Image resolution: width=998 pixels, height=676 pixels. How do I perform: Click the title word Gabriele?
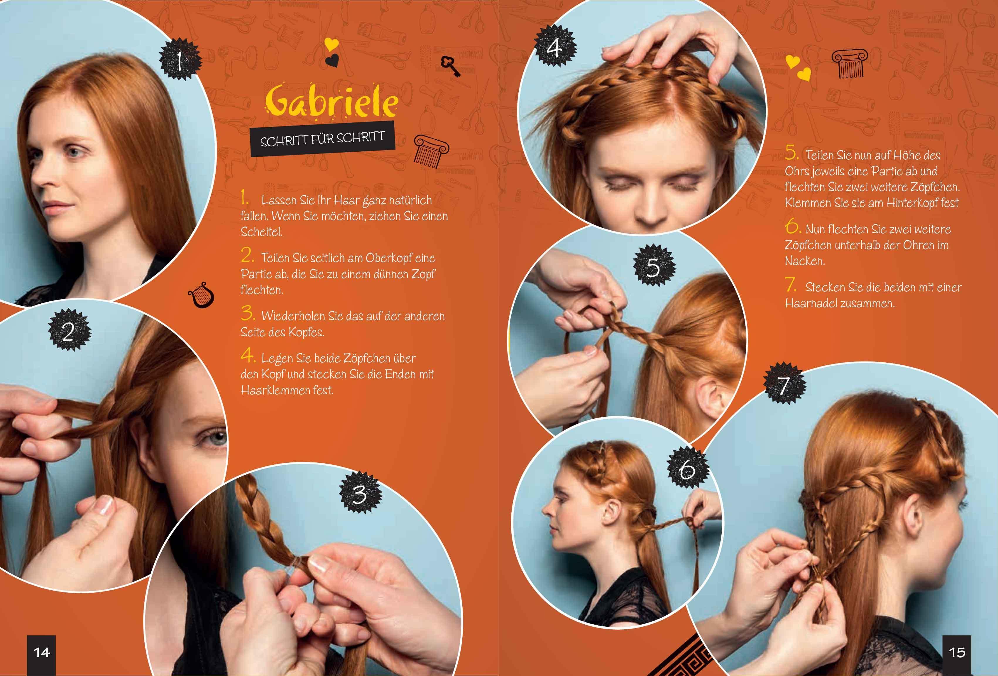point(331,101)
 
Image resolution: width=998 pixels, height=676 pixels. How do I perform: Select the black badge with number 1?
point(180,60)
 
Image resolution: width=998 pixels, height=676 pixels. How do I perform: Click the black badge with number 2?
point(69,330)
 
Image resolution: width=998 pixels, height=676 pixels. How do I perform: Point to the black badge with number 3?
point(360,493)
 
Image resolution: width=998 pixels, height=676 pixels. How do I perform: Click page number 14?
point(42,653)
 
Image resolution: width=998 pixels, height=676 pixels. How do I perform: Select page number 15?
point(956,653)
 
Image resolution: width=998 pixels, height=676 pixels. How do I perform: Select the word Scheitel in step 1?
point(261,232)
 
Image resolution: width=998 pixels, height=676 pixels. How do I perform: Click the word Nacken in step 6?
point(805,261)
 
